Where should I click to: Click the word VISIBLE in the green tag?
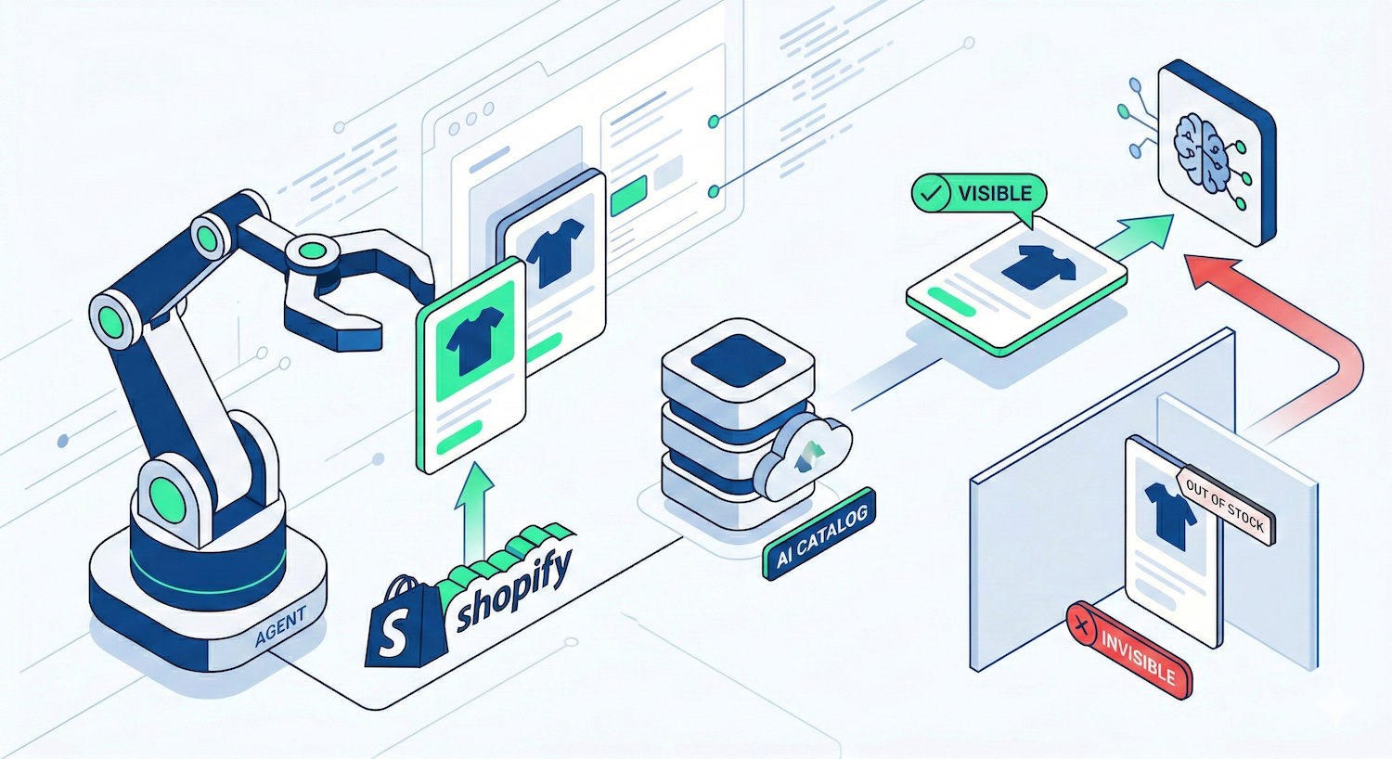click(994, 194)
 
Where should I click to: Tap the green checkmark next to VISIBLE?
click(931, 194)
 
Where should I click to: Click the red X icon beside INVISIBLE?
click(1082, 627)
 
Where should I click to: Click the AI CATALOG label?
click(820, 534)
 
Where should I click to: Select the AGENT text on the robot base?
click(279, 626)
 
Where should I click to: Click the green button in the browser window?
click(629, 192)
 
